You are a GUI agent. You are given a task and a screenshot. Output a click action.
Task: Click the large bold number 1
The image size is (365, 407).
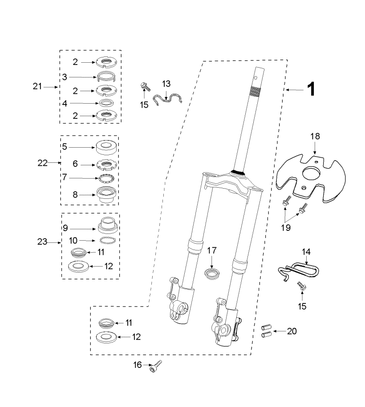coord(311,89)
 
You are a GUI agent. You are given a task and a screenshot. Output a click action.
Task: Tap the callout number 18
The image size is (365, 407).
coord(315,136)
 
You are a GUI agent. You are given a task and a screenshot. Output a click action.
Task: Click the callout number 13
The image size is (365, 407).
coord(166,84)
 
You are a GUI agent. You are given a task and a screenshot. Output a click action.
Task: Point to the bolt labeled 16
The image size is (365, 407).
coord(156,366)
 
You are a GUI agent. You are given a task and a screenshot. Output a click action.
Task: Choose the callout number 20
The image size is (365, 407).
coord(292,331)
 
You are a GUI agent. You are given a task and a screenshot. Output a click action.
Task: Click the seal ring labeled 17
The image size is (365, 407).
coord(212,274)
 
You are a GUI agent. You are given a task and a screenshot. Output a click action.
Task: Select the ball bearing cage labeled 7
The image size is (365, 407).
coord(106,178)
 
